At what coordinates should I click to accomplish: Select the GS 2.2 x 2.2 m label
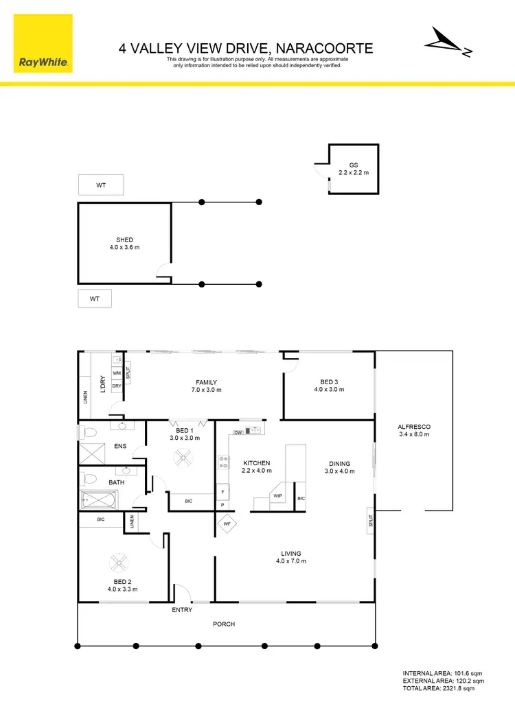click(354, 169)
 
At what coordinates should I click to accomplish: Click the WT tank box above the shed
click(101, 185)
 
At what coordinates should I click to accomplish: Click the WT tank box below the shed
click(94, 299)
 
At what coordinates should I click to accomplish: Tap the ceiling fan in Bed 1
click(184, 458)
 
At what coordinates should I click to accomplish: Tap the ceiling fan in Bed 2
click(120, 564)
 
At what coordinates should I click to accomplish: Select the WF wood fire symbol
click(227, 524)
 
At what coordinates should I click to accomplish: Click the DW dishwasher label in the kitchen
click(238, 432)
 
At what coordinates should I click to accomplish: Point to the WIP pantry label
click(278, 495)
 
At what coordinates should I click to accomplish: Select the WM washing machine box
click(116, 373)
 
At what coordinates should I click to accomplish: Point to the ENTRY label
click(182, 610)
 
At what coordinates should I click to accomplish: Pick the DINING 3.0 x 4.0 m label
click(339, 467)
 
